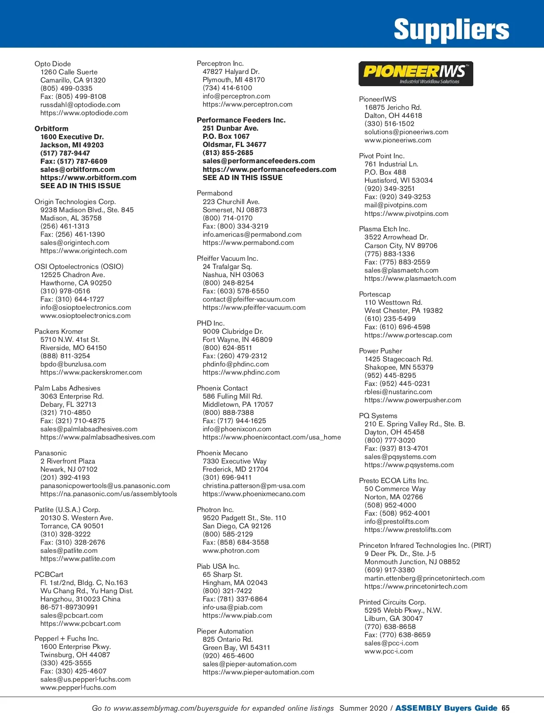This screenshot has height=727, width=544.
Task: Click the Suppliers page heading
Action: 451,29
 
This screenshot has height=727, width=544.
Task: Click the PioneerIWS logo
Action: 416,73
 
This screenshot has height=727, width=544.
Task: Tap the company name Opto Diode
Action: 53,64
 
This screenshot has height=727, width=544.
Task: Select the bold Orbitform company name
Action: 51,129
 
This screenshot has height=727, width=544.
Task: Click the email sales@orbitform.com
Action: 78,170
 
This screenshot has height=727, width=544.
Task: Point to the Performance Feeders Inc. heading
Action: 241,120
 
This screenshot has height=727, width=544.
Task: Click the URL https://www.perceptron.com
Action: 248,104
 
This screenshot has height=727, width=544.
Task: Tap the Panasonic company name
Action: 50,453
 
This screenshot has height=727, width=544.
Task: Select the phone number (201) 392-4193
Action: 65,478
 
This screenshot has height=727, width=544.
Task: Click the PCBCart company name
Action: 49,575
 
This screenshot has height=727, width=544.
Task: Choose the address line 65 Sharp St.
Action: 222,575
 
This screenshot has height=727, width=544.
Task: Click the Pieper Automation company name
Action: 225,631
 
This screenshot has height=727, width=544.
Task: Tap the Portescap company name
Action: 374,294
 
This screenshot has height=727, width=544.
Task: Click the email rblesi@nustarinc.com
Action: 398,392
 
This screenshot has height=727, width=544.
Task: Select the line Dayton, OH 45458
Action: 394,432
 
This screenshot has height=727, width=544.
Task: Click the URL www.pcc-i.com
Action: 389,651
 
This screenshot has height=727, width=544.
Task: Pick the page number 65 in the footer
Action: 505,708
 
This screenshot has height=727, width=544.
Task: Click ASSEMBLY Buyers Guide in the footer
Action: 446,708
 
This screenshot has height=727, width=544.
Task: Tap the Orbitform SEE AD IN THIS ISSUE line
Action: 80,186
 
